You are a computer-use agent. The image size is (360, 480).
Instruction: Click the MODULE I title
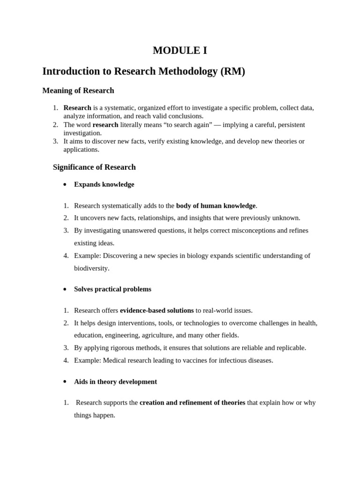(180, 51)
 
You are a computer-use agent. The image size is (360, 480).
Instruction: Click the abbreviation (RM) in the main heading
(232, 72)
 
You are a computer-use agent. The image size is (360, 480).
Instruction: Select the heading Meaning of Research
(78, 90)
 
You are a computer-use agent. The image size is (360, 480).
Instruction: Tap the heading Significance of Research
(94, 167)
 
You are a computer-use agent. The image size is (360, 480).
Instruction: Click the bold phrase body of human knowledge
(216, 205)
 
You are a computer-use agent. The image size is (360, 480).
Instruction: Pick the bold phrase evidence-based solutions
(157, 310)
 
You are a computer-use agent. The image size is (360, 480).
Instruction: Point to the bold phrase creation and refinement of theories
(192, 403)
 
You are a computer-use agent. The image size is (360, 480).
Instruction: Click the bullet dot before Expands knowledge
(65, 185)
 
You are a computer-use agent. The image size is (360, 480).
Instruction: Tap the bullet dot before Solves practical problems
(65, 289)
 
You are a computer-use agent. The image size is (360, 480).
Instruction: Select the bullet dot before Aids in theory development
(65, 382)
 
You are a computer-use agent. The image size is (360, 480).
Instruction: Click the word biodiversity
(91, 268)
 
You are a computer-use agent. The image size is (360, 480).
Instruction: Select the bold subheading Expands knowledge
(104, 185)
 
